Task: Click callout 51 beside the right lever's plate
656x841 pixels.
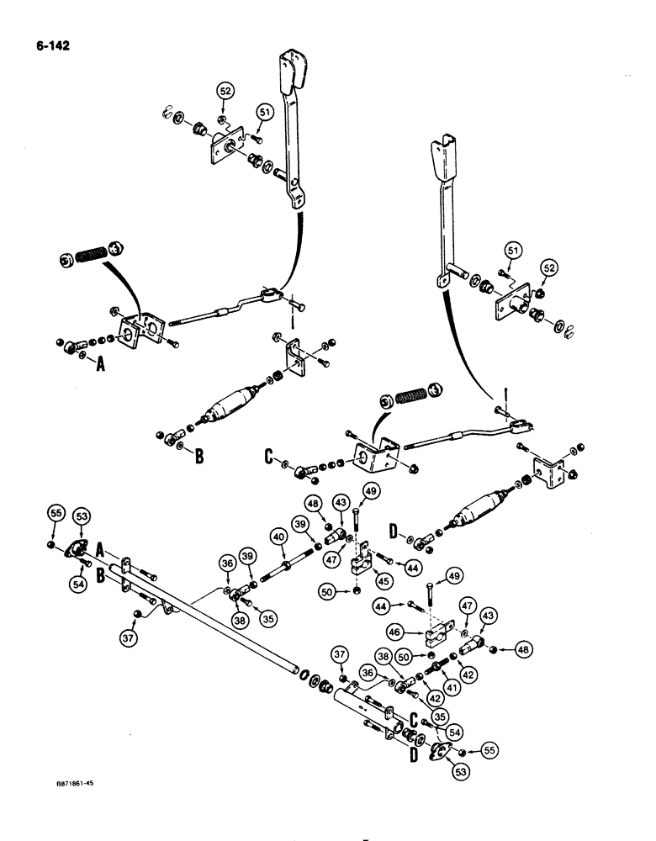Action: tap(512, 249)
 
